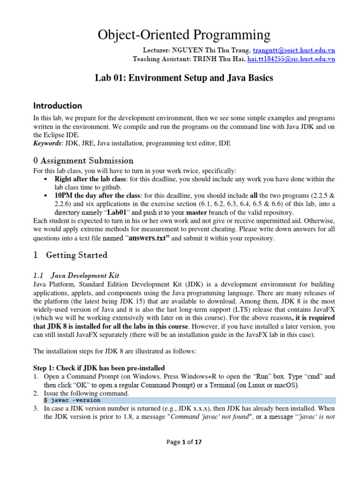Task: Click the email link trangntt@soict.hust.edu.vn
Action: (x=294, y=50)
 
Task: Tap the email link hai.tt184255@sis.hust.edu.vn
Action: (x=291, y=59)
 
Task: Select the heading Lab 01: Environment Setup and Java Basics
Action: (x=184, y=78)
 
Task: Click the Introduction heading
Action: (x=57, y=105)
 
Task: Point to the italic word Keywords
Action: (x=49, y=143)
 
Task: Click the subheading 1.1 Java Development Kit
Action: (x=82, y=275)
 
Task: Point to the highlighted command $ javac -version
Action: (x=72, y=400)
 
